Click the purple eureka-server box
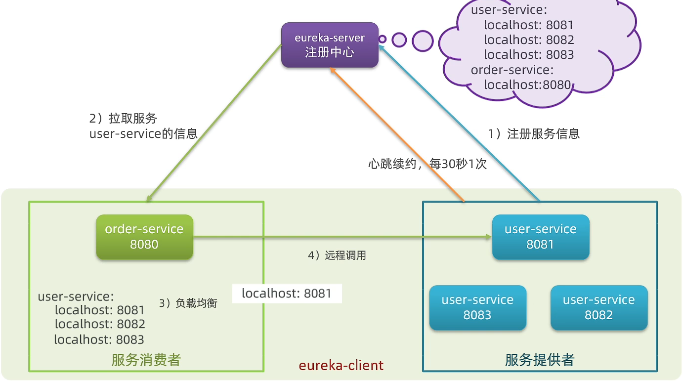330,45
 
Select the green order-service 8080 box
144,237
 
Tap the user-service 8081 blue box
540,237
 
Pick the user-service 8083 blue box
477,307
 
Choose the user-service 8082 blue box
598,307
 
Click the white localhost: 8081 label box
287,294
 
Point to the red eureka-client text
341,365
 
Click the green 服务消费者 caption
146,360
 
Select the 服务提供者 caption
540,360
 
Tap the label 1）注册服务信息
534,133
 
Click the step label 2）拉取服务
123,119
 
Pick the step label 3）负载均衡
188,303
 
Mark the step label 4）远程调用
337,255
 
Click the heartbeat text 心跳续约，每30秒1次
427,164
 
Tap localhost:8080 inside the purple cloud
527,85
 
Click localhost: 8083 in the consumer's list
99,339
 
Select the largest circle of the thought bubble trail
423,41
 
